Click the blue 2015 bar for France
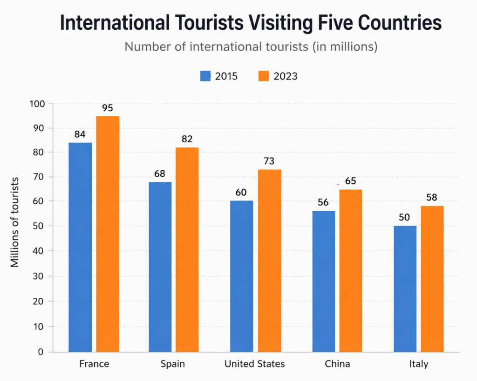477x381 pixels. tap(80, 247)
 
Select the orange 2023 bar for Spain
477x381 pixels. tap(187, 250)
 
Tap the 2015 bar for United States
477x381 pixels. tap(242, 276)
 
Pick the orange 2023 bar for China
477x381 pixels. tap(351, 271)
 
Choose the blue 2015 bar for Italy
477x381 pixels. tap(405, 289)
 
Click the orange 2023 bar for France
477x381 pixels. tap(108, 234)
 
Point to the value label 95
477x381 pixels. tap(108, 108)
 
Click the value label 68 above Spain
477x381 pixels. tap(160, 174)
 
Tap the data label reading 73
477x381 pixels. tap(269, 161)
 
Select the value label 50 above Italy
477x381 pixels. tap(404, 218)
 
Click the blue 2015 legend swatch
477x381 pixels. tap(205, 76)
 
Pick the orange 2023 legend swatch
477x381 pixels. tap(264, 76)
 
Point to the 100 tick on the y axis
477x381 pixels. tap(37, 104)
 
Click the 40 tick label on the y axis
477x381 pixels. tap(39, 251)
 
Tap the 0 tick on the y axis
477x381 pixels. tap(41, 352)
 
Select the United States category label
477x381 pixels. tap(255, 364)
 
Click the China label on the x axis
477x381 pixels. tap(337, 364)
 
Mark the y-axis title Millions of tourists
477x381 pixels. tap(14, 222)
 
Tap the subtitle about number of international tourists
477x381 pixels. tap(251, 47)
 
